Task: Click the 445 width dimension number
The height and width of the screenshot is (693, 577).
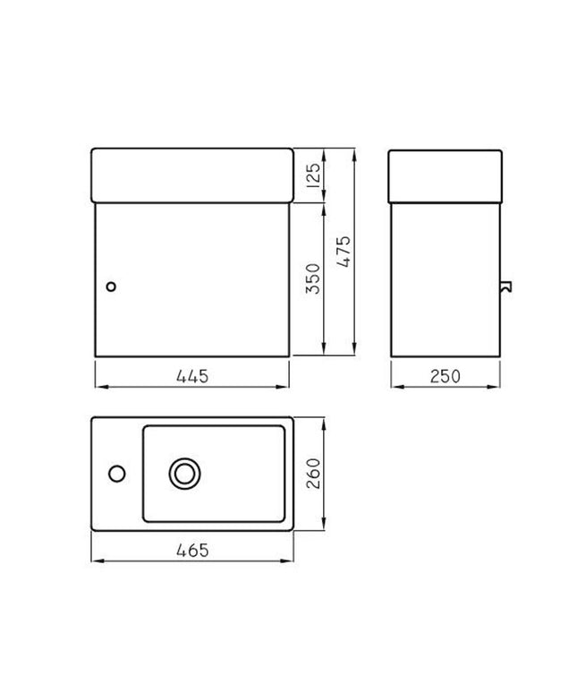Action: (192, 376)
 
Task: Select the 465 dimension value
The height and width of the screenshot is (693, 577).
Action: (192, 551)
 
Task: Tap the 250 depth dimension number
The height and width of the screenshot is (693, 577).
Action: (444, 376)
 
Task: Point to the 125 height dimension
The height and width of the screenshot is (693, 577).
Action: (312, 176)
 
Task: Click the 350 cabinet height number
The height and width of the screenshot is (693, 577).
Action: (312, 278)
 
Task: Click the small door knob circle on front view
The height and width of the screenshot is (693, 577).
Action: (110, 287)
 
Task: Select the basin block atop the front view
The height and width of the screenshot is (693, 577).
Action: (192, 175)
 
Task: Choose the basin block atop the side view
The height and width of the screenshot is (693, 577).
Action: (444, 175)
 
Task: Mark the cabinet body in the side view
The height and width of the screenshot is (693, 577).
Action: (444, 278)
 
